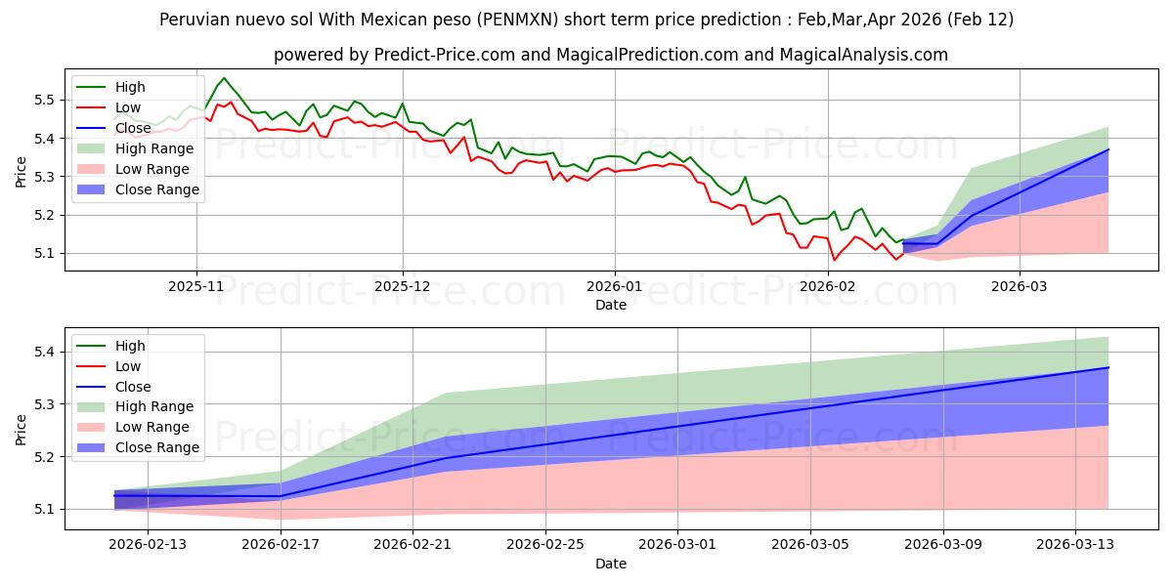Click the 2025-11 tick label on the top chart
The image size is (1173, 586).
(x=196, y=286)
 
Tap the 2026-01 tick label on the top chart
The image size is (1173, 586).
(x=615, y=286)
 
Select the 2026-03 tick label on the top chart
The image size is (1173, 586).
(x=1020, y=286)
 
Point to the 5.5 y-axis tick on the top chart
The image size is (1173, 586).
(x=45, y=100)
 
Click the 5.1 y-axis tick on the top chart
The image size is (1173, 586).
(x=45, y=253)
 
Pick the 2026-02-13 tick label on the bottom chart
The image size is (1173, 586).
(x=148, y=545)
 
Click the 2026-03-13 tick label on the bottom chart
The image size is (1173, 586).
(x=1075, y=545)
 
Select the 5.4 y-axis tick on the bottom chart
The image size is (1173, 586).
(x=45, y=352)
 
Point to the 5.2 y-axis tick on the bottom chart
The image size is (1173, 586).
(x=45, y=457)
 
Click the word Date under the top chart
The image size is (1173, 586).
(x=611, y=306)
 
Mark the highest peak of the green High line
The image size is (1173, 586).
(x=224, y=78)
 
